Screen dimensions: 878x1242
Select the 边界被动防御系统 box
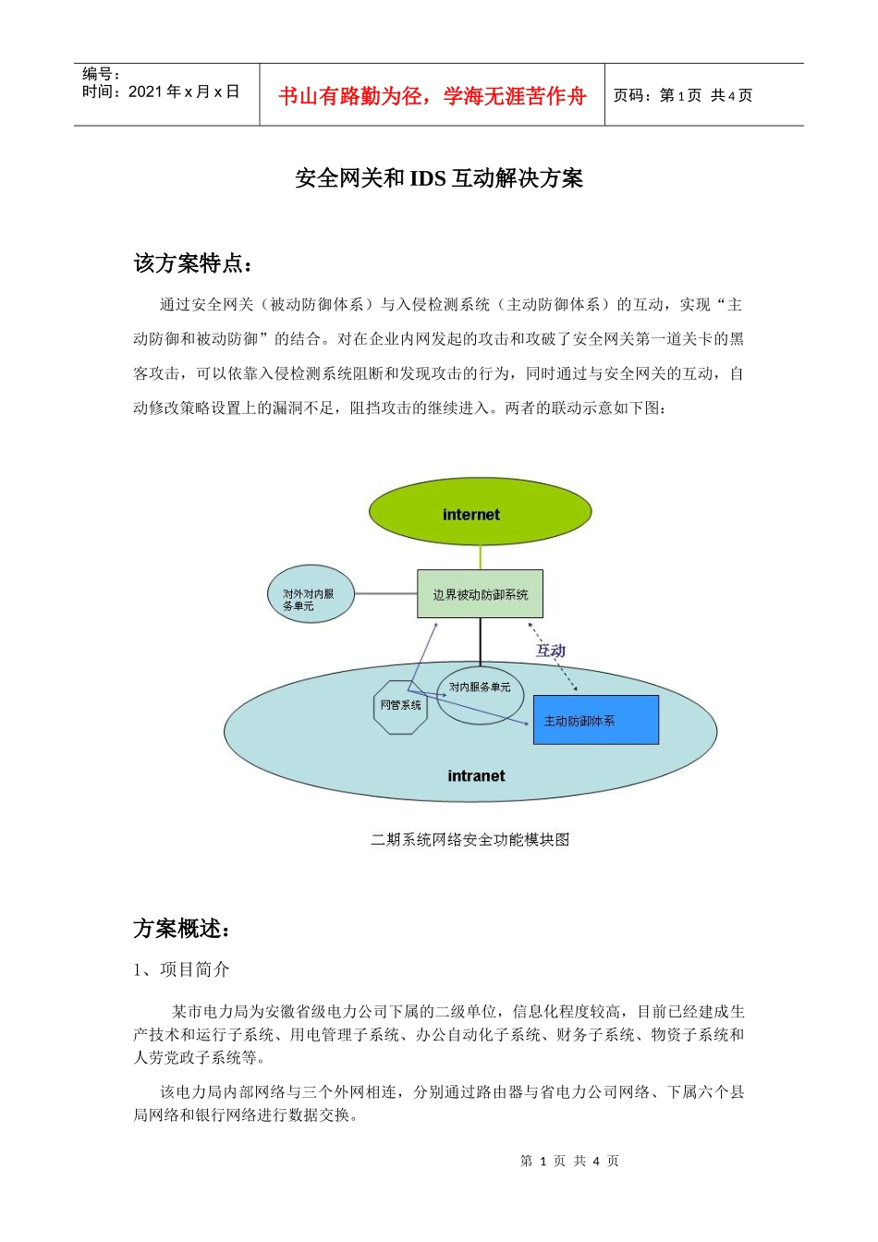point(480,594)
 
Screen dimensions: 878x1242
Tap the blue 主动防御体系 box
point(596,720)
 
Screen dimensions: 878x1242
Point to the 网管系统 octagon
point(400,707)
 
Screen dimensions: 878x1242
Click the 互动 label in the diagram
point(551,651)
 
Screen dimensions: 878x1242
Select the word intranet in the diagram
point(476,776)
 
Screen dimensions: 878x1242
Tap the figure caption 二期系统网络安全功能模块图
point(469,839)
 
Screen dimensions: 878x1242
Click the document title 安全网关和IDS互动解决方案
point(439,178)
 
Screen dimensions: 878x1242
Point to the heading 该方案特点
point(192,263)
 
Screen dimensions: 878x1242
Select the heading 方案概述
point(181,929)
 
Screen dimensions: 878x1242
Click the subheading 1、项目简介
point(181,969)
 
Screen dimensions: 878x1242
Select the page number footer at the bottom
point(569,1161)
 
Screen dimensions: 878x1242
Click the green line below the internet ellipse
point(480,558)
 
